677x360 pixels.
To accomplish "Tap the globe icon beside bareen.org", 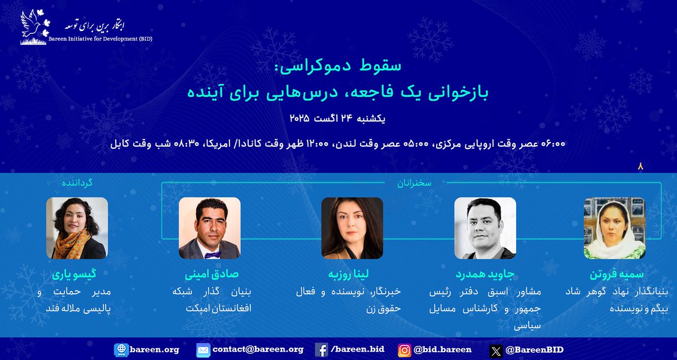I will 121,350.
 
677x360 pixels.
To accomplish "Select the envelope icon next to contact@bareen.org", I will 203,350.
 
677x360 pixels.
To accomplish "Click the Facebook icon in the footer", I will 322,350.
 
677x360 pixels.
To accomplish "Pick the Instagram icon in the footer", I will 405,350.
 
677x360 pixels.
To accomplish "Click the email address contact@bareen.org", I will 258,350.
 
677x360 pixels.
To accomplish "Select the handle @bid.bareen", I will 443,350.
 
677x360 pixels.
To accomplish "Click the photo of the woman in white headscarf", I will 614,228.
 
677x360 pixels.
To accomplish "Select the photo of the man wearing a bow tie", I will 210,228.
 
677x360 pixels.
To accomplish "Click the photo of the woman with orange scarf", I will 77,228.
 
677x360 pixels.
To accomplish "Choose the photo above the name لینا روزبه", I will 352,228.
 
